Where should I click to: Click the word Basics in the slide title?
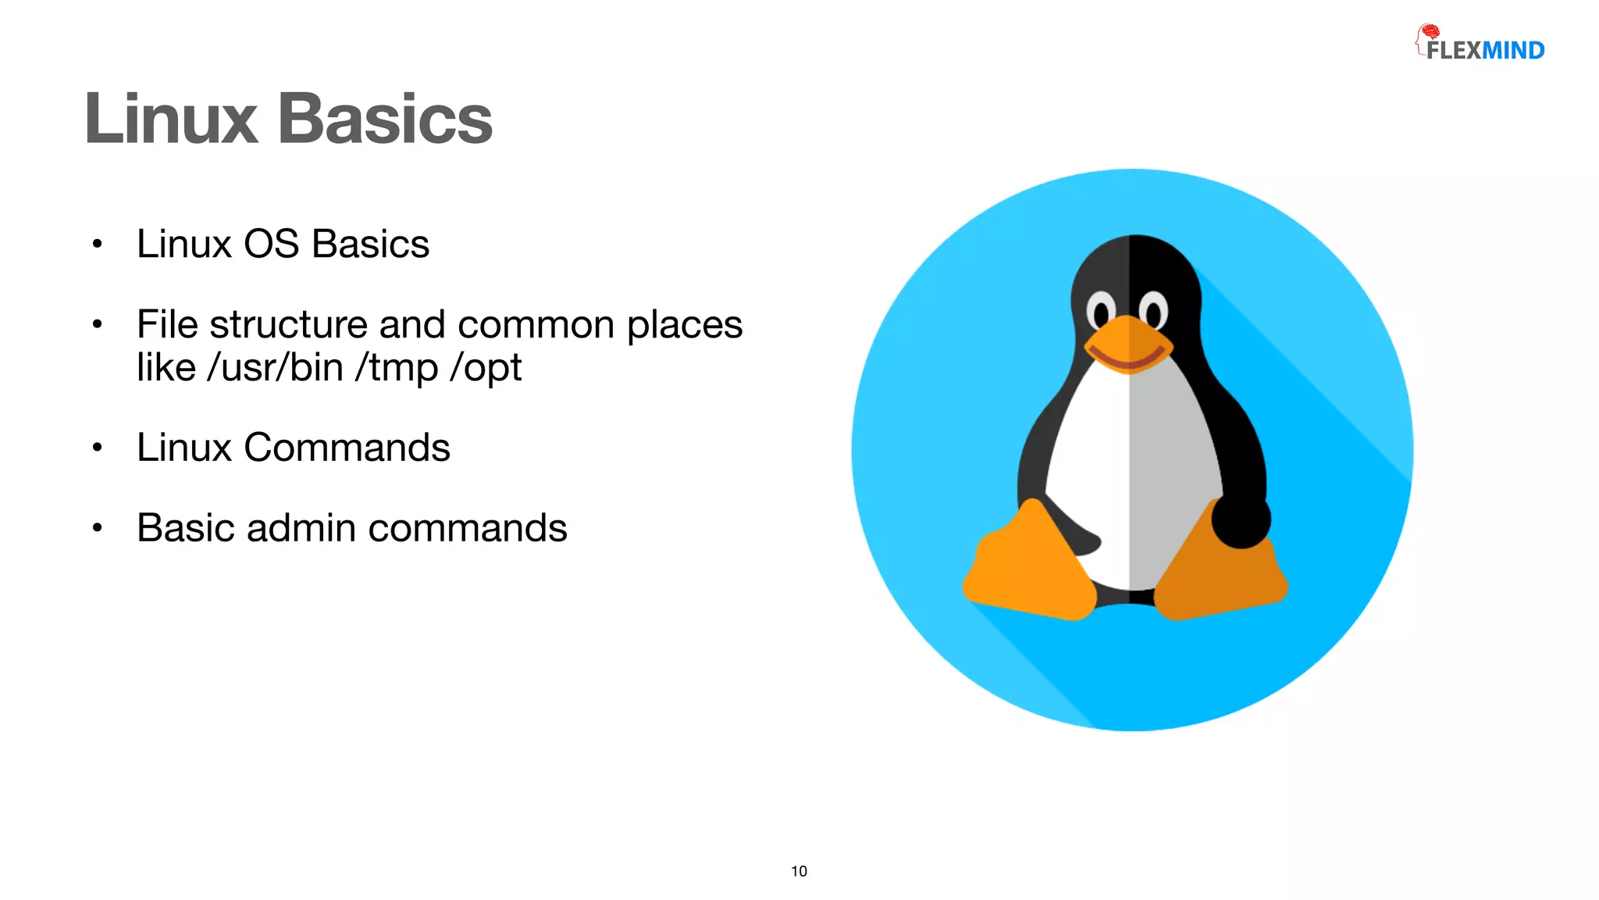[x=385, y=119]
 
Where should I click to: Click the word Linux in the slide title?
[x=171, y=119]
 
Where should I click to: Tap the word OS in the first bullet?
[x=271, y=244]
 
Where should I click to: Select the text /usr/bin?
[x=275, y=367]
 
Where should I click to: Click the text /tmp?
[x=397, y=367]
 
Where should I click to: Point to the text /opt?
[x=486, y=367]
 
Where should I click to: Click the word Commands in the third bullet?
[x=347, y=448]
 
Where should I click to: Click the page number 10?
[x=799, y=871]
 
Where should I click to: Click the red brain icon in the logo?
[x=1429, y=32]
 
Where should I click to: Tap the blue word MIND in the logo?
[x=1513, y=51]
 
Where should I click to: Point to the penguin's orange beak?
[x=1127, y=345]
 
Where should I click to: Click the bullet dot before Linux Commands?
[x=97, y=448]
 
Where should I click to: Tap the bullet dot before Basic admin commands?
[x=97, y=528]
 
